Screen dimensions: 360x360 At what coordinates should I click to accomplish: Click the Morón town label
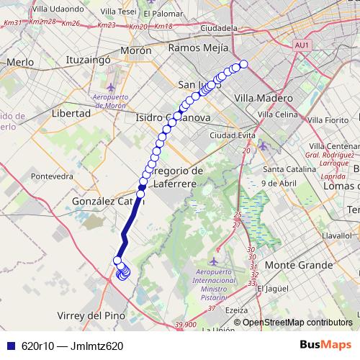pos(135,51)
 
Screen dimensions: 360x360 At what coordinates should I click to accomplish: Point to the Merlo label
pos(20,63)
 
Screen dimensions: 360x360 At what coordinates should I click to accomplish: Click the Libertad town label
pos(71,113)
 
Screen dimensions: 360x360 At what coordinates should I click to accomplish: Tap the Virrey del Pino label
pos(90,315)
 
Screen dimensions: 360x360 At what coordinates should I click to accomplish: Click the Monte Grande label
pos(298,265)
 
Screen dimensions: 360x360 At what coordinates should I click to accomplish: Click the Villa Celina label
pos(277,114)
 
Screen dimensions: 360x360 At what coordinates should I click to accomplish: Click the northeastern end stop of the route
pos(243,64)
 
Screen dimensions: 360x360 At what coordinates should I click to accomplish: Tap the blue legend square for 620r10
pos(9,346)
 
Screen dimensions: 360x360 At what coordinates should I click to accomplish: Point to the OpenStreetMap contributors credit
pos(297,323)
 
